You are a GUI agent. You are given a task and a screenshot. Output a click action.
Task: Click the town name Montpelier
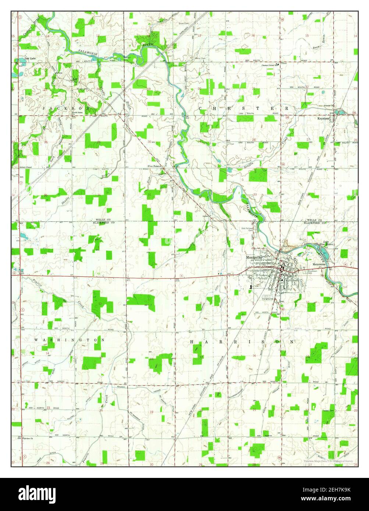click(x=253, y=258)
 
